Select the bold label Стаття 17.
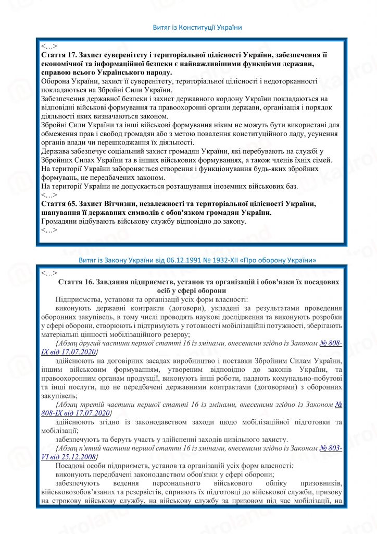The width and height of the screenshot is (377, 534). click(x=58, y=55)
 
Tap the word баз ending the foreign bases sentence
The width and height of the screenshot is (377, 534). click(x=290, y=186)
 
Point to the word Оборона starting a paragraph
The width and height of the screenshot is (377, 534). click(x=56, y=81)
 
